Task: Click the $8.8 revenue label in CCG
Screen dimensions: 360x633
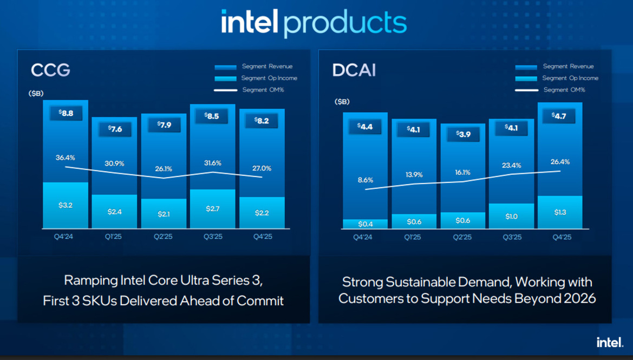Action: click(x=66, y=114)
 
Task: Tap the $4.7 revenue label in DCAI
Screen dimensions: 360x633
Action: click(x=560, y=115)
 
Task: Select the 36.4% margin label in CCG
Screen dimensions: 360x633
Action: click(x=65, y=158)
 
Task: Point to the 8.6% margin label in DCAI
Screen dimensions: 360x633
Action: click(x=365, y=180)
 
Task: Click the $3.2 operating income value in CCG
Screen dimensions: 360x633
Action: click(x=66, y=205)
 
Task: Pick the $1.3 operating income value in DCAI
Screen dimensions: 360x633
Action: click(x=560, y=212)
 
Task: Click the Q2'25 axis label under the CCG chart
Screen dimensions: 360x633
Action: click(x=164, y=237)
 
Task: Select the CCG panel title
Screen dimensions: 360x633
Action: click(x=50, y=71)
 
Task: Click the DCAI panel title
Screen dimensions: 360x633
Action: click(x=355, y=71)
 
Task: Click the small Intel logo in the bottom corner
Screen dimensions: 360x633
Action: click(x=610, y=342)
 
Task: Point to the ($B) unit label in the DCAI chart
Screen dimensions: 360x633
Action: click(x=342, y=101)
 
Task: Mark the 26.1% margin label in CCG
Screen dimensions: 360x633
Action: click(x=164, y=168)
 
